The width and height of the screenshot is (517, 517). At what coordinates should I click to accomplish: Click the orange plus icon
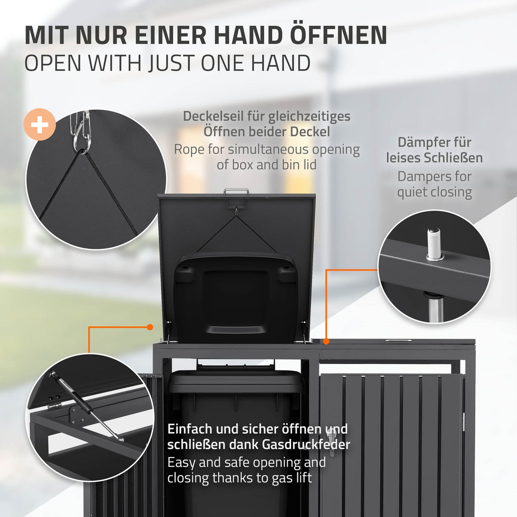click(x=39, y=124)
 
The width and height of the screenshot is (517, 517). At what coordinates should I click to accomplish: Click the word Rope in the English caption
click(x=189, y=149)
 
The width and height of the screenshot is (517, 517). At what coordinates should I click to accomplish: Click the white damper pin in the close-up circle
click(x=433, y=244)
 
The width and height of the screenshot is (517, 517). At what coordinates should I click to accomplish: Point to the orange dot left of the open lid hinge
click(x=149, y=327)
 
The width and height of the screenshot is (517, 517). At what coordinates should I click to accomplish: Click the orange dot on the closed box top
click(x=326, y=342)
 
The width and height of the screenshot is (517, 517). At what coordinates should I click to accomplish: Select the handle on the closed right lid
click(x=398, y=341)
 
